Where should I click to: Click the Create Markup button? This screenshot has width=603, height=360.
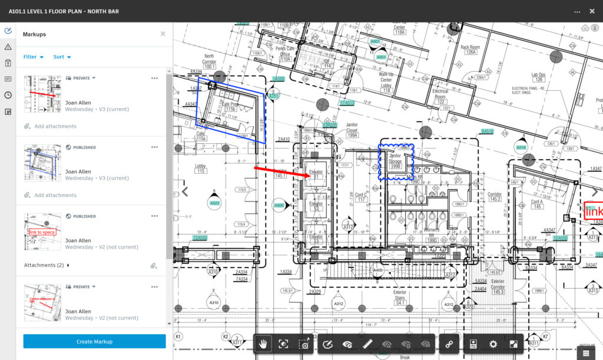[94, 342]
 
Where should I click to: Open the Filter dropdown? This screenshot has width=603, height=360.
[34, 57]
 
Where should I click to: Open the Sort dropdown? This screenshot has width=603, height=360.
[62, 57]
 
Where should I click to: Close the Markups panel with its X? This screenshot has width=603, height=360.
[163, 34]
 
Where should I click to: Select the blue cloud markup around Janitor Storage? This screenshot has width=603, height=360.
[396, 161]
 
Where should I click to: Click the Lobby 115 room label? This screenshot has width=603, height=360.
[200, 169]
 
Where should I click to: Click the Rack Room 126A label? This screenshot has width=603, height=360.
[470, 49]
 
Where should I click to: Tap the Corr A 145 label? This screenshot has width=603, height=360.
[536, 204]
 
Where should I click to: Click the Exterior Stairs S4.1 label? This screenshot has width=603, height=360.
[400, 298]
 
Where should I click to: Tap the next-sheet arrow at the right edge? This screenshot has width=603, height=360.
[594, 192]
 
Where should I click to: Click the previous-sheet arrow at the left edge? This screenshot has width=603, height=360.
[185, 191]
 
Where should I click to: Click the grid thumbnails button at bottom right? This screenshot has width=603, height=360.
[587, 352]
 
